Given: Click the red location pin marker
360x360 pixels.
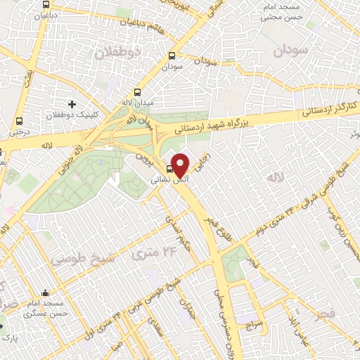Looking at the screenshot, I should click(180, 165).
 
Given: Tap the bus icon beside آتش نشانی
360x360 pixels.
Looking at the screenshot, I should click(169, 169).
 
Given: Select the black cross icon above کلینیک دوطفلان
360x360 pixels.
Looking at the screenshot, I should click(72, 104).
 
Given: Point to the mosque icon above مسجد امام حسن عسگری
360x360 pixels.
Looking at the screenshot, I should click(46, 292).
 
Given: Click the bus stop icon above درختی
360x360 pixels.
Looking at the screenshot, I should click(19, 120).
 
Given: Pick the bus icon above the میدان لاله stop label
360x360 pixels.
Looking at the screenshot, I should click(137, 92).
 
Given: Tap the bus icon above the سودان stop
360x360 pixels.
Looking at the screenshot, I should click(172, 57).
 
